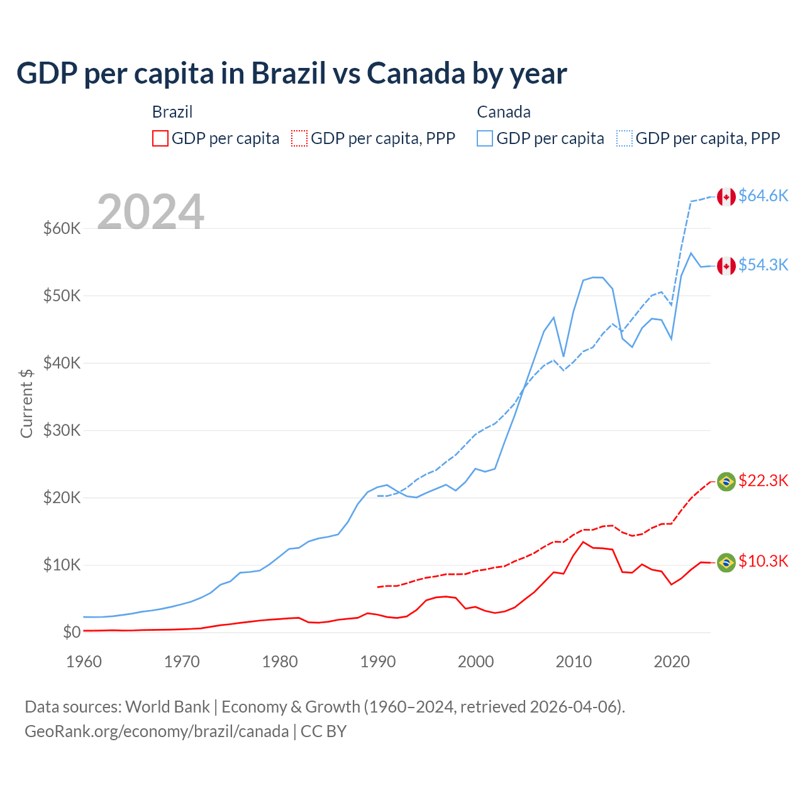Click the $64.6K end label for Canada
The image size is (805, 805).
point(763,196)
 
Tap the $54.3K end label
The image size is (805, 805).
point(763,265)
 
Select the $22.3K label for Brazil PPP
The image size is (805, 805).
point(763,480)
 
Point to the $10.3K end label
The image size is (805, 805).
point(763,561)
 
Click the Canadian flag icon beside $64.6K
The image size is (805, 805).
point(726,196)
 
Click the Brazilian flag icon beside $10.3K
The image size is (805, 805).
point(726,562)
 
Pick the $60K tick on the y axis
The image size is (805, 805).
point(62,228)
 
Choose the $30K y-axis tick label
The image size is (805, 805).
point(62,430)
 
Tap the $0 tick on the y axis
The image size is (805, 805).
point(72,632)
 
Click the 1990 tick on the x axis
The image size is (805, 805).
point(378,662)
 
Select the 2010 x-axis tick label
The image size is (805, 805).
point(574,662)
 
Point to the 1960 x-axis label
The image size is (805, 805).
point(84,662)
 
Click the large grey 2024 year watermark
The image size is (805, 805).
point(150,211)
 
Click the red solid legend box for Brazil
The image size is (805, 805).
point(160,138)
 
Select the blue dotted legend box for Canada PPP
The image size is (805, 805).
point(625,138)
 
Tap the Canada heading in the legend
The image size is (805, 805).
point(503,112)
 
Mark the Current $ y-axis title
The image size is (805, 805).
point(26,403)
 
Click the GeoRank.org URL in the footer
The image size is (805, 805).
point(156,731)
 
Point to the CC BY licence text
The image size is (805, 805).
point(323,731)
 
